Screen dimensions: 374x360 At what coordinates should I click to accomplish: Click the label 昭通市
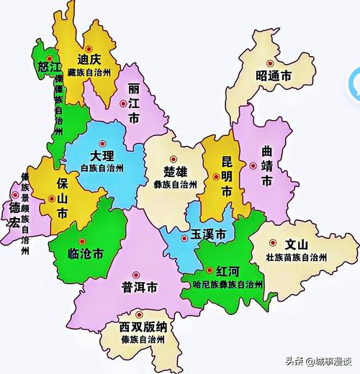click(276, 76)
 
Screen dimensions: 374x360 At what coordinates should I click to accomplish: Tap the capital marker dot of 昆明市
click(216, 175)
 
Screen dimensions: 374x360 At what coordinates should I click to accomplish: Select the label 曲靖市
click(266, 165)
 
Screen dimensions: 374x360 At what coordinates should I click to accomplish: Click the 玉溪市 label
click(209, 234)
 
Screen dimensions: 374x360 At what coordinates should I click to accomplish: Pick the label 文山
click(296, 244)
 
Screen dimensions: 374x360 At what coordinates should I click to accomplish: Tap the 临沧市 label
click(86, 253)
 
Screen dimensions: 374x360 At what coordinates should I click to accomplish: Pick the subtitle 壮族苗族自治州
click(296, 257)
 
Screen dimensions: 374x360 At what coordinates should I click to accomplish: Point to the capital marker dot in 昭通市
click(272, 61)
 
